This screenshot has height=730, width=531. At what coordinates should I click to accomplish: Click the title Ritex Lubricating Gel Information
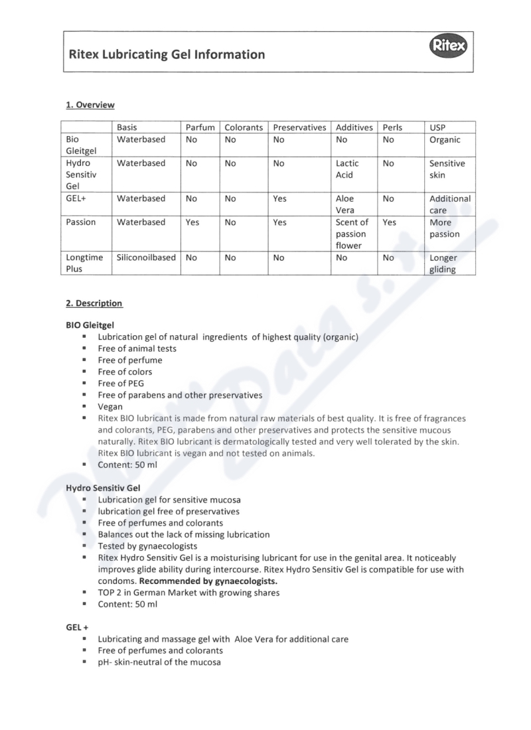(x=167, y=54)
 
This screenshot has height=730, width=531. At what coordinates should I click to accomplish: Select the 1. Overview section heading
(x=90, y=105)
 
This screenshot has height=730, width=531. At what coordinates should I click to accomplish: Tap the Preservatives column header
(x=299, y=127)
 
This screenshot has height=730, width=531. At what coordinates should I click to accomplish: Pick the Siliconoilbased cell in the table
(x=147, y=257)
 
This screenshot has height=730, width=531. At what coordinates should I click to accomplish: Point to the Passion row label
(x=82, y=222)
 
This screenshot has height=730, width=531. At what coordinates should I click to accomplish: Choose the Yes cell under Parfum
(x=192, y=222)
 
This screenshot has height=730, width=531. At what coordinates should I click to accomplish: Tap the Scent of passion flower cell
(x=351, y=234)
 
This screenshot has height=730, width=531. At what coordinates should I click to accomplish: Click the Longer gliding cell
(x=443, y=263)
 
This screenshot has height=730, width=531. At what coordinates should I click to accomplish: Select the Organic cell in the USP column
(x=445, y=140)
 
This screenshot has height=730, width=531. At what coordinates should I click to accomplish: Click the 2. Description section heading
(x=94, y=303)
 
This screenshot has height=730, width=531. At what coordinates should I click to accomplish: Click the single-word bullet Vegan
(x=110, y=406)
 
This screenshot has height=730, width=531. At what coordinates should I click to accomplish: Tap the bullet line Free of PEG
(x=121, y=383)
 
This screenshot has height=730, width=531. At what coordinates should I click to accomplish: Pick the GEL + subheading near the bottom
(x=77, y=626)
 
